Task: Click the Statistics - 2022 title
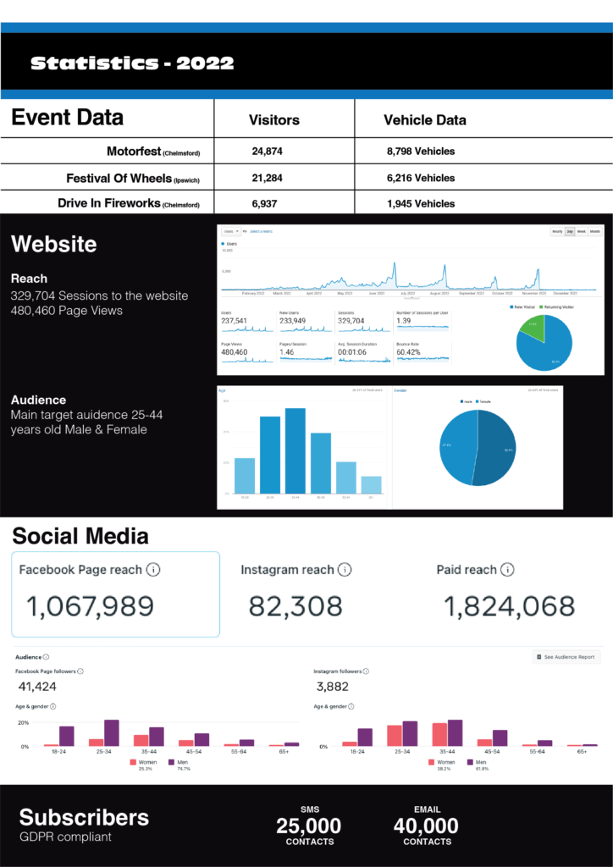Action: pyautogui.click(x=132, y=64)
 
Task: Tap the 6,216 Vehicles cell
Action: pyautogui.click(x=421, y=178)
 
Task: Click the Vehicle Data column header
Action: pyautogui.click(x=424, y=120)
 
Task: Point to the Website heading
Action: pyautogui.click(x=53, y=245)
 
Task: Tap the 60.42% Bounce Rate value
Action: pyautogui.click(x=411, y=351)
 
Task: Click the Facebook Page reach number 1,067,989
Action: pyautogui.click(x=90, y=605)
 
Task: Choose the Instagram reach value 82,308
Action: pyautogui.click(x=295, y=605)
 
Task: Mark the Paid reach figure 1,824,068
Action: pyautogui.click(x=509, y=605)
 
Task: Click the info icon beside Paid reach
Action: pyautogui.click(x=507, y=570)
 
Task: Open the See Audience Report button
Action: pyautogui.click(x=567, y=657)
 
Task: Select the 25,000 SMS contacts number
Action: pyautogui.click(x=309, y=826)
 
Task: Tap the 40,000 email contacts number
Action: pyautogui.click(x=426, y=826)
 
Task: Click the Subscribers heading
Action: pyautogui.click(x=84, y=817)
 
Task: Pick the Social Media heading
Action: pyautogui.click(x=80, y=536)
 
